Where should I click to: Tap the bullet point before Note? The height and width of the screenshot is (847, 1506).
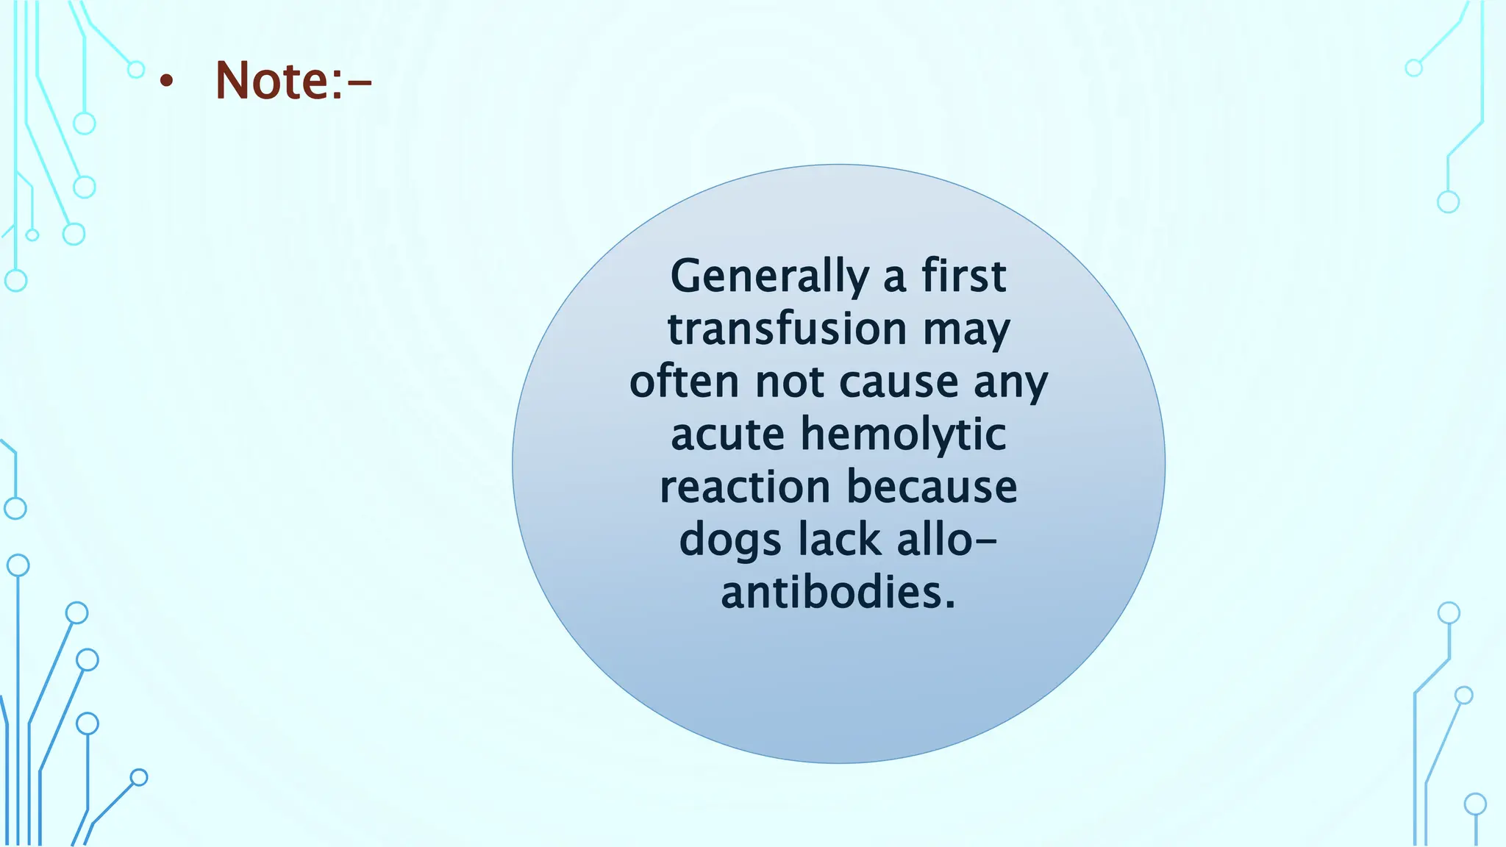pos(167,82)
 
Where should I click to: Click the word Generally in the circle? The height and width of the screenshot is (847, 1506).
pos(769,277)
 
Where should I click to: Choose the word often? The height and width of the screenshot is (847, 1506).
pos(684,382)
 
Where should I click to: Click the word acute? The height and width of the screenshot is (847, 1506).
pos(728,435)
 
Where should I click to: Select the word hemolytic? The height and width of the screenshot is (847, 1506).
pos(903,435)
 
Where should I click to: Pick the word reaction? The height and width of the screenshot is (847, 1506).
pos(745,487)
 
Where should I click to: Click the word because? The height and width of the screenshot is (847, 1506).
pos(932,487)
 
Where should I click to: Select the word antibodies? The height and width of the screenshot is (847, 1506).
pos(838,593)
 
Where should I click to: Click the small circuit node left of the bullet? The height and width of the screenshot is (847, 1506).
pos(136,70)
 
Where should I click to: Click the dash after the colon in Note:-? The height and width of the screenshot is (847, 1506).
pos(359,84)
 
